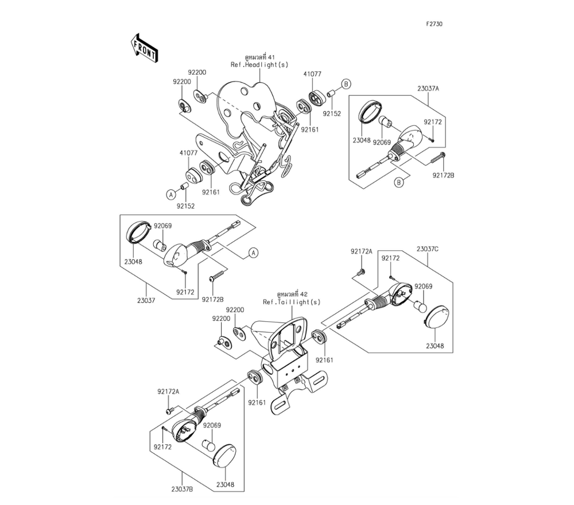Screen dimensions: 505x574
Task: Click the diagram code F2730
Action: tap(434, 25)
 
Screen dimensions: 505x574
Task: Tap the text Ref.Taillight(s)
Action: tap(292, 302)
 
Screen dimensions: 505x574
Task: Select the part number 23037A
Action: tap(428, 89)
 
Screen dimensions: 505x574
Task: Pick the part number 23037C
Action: tap(427, 248)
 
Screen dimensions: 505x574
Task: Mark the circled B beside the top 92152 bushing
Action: tap(346, 84)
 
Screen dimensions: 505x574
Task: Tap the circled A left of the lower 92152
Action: tap(170, 195)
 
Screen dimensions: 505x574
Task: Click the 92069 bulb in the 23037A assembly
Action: tap(386, 122)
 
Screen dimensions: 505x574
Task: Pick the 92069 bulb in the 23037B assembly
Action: tap(208, 445)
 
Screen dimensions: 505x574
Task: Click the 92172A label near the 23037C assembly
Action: tap(362, 252)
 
